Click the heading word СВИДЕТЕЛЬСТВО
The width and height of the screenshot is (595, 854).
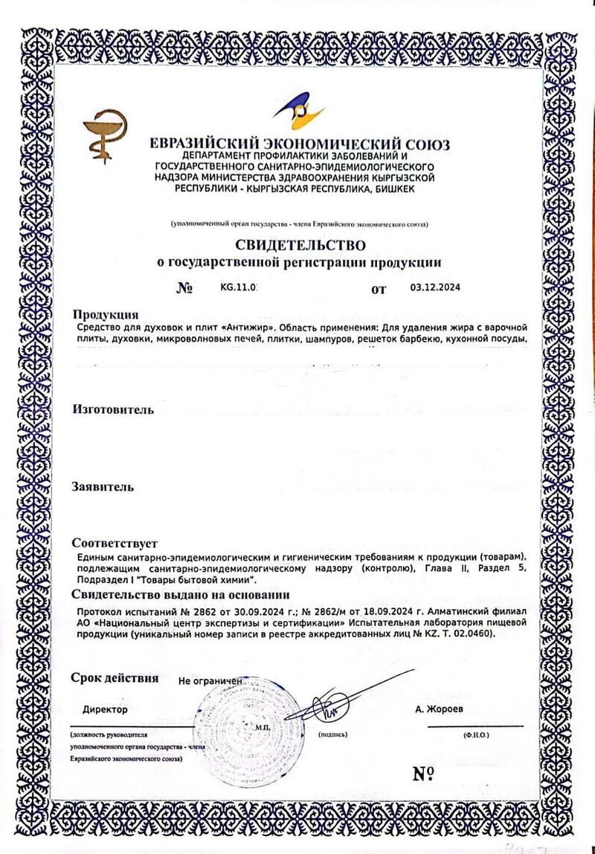[x=300, y=245]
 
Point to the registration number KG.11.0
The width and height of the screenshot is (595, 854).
[x=238, y=288]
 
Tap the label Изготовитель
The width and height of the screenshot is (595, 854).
[x=113, y=409]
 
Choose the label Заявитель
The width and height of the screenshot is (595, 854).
[x=103, y=487]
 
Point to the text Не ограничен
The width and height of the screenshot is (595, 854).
[x=211, y=681]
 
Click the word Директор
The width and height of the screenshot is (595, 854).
[x=105, y=710]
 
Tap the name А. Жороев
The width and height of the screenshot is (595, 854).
[x=439, y=710]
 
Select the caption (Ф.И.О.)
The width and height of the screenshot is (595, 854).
[x=475, y=734]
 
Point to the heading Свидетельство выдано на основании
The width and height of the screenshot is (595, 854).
[x=180, y=594]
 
